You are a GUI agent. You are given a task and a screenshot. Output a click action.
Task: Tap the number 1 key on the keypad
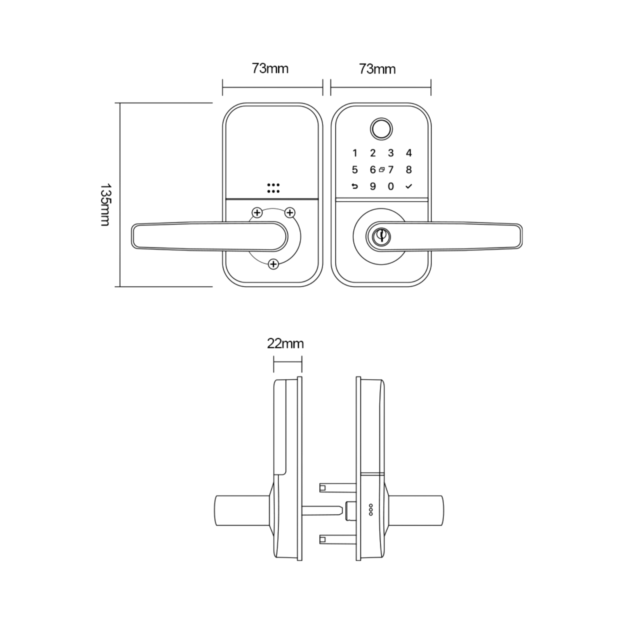click(355, 153)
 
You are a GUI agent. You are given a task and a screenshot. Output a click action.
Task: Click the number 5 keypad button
click(355, 169)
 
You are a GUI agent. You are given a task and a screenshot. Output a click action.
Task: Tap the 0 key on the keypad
click(391, 186)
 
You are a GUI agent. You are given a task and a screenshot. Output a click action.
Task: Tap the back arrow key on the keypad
click(355, 186)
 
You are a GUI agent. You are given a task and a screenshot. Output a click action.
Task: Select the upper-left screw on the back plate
click(257, 212)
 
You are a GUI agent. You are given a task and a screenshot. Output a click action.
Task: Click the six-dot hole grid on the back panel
click(273, 188)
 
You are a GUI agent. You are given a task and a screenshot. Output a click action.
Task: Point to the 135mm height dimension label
click(106, 205)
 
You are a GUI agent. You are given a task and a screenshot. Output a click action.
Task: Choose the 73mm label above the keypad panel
click(377, 70)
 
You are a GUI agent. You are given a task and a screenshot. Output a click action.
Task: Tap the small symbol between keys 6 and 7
click(382, 169)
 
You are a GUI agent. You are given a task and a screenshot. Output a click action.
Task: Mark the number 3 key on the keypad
click(391, 153)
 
